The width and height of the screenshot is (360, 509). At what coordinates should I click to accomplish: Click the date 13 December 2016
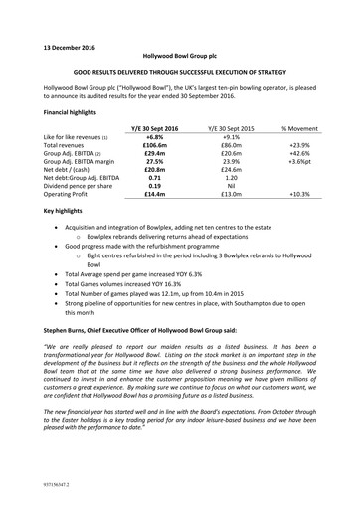76,47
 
